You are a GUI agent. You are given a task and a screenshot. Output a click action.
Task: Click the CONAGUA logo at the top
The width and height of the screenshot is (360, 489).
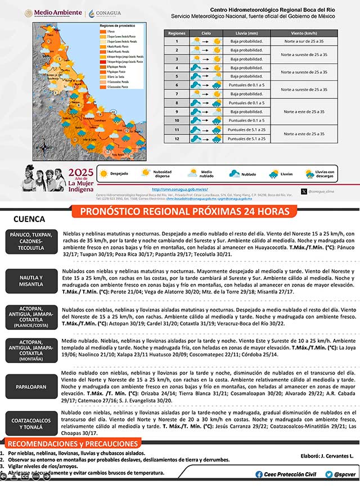coord(105,12)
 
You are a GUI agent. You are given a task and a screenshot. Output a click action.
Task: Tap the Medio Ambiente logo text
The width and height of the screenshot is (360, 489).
coord(57,12)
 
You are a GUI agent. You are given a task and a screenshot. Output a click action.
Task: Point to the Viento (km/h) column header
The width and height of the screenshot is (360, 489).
coord(304,33)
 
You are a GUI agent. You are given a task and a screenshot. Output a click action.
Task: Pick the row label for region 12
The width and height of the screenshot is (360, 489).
coord(176,138)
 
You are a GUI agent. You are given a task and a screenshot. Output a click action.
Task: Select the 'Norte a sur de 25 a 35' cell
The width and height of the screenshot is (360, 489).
coord(304,42)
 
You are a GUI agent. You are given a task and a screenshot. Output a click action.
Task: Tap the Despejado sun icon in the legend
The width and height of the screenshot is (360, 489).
coord(103,174)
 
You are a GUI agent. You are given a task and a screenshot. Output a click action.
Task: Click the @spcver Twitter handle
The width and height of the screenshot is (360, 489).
coord(344,474)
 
